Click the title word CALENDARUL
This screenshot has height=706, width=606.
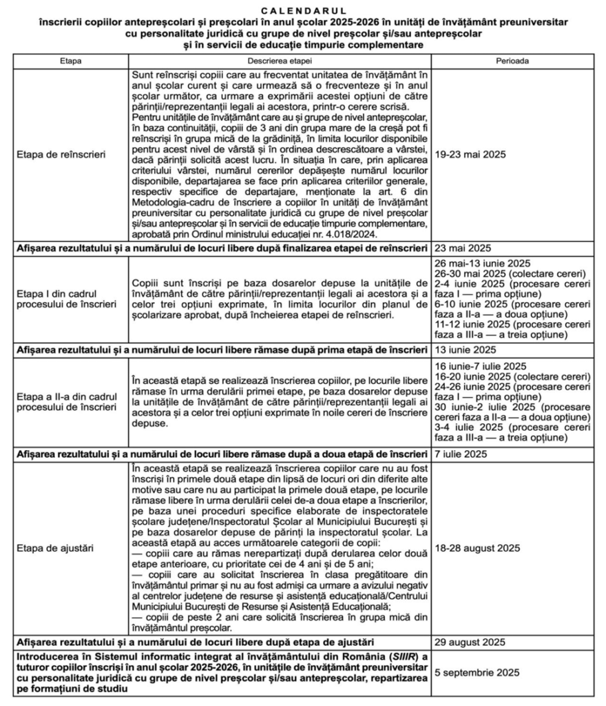click(x=304, y=10)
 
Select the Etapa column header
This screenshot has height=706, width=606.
click(x=71, y=61)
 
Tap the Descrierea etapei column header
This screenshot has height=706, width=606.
click(x=280, y=61)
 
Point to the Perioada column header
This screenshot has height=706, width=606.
click(x=513, y=61)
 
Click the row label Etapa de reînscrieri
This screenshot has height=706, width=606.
click(x=63, y=155)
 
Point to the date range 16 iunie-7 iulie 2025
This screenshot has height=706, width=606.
click(x=480, y=365)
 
